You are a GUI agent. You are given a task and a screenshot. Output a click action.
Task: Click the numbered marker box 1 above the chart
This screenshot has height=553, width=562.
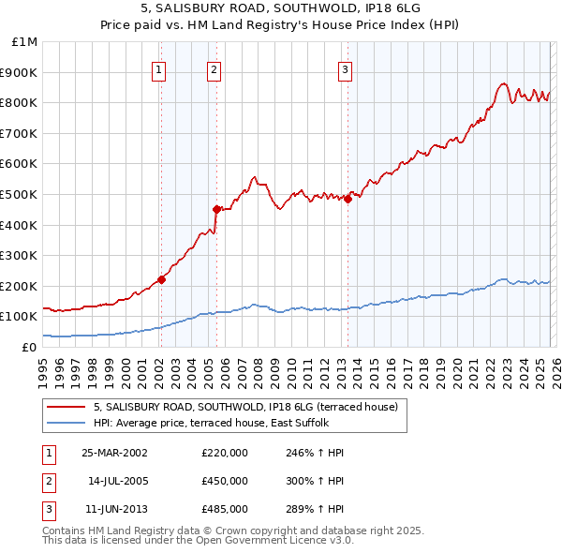(x=159, y=68)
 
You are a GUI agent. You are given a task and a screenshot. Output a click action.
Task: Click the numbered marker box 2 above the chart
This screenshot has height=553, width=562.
(x=214, y=68)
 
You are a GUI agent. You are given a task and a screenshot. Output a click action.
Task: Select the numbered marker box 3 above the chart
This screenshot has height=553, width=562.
(x=346, y=68)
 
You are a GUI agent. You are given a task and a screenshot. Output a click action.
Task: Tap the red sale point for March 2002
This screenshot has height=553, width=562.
(x=161, y=278)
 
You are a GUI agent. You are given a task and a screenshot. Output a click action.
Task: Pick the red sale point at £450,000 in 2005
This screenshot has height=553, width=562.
(x=216, y=209)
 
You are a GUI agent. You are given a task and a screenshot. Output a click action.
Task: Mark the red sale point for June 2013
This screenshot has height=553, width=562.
(x=348, y=199)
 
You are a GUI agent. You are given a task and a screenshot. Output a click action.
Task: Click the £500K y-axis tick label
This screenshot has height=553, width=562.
(x=21, y=194)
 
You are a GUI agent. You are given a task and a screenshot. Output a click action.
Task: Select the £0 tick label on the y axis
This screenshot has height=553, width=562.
(x=29, y=347)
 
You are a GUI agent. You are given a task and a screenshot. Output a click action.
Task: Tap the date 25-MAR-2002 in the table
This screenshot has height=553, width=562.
(x=114, y=452)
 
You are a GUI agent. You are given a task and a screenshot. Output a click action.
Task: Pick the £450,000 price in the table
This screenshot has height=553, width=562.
(x=225, y=480)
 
